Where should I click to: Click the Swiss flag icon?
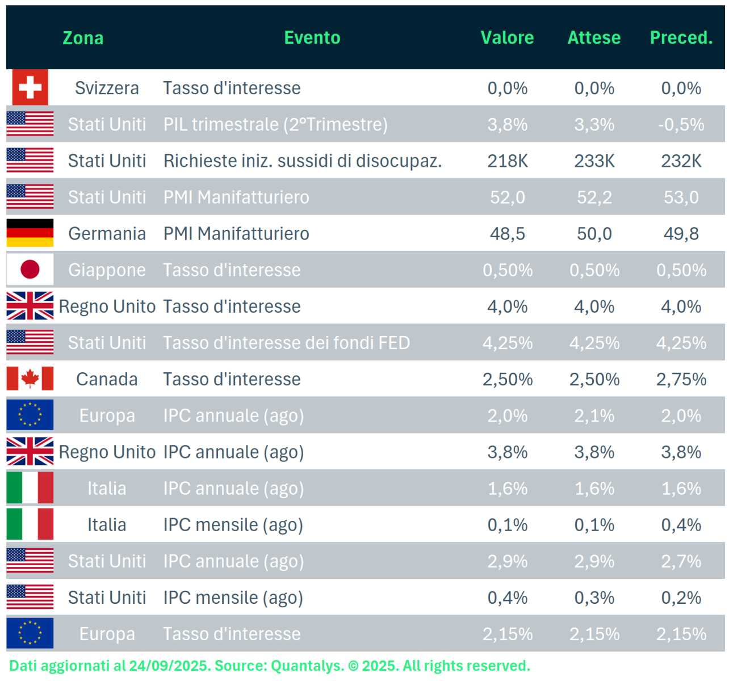coord(30,87)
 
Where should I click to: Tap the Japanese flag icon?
coord(30,270)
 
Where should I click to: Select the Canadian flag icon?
coord(30,379)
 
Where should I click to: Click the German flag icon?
coord(30,233)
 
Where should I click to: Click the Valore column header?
coord(507,37)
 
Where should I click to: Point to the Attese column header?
coord(594,37)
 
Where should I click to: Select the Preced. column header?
coord(681,37)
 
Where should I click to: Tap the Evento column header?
coord(312,37)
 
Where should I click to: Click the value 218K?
coord(507,161)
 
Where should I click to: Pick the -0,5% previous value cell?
coord(681,124)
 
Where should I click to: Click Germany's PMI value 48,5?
coord(507,233)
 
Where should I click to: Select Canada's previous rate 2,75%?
coord(681,379)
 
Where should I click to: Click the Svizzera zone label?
coord(107,88)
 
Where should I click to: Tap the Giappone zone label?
coord(107,270)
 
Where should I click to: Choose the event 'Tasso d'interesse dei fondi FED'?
coord(286,343)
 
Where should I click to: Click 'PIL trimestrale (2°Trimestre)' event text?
coord(275,124)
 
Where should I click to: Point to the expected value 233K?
coord(594,161)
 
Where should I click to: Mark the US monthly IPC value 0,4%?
coord(507,598)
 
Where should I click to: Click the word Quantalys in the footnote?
coord(307,666)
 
